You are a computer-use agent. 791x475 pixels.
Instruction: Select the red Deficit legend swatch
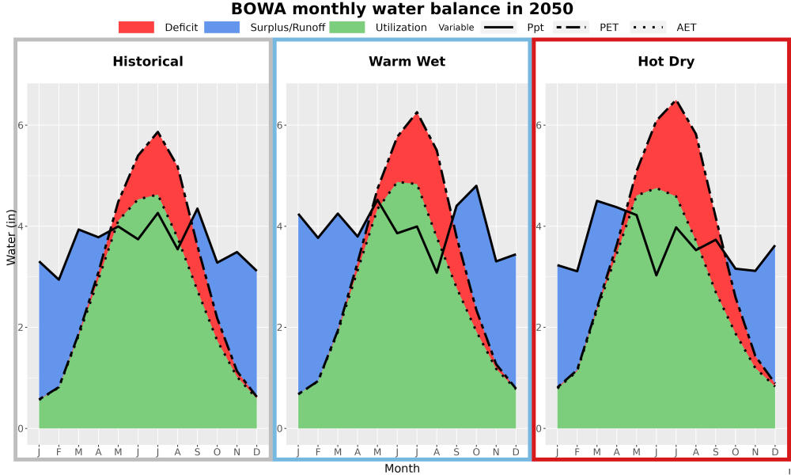pyautogui.click(x=136, y=27)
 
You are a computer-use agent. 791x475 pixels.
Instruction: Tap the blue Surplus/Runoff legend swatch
pyautogui.click(x=222, y=27)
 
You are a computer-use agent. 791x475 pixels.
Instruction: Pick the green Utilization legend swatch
pyautogui.click(x=347, y=27)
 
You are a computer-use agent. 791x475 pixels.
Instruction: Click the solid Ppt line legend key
pyautogui.click(x=498, y=27)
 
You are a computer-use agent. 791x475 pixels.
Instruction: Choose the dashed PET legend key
pyautogui.click(x=570, y=27)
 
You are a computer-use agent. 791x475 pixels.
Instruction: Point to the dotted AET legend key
pyautogui.click(x=648, y=27)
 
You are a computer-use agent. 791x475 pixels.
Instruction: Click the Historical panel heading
pyautogui.click(x=148, y=62)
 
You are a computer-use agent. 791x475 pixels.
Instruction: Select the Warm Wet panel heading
pyautogui.click(x=407, y=62)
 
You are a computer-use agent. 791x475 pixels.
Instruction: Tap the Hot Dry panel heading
pyautogui.click(x=666, y=62)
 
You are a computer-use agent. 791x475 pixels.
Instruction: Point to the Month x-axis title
pyautogui.click(x=402, y=469)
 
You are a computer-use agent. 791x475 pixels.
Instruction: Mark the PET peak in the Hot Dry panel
pyautogui.click(x=676, y=101)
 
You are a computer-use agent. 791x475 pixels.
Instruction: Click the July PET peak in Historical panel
pyautogui.click(x=158, y=132)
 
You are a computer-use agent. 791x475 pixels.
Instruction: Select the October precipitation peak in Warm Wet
pyautogui.click(x=476, y=186)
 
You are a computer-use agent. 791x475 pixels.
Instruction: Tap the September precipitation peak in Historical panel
pyautogui.click(x=197, y=208)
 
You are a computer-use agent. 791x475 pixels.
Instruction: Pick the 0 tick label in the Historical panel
pyautogui.click(x=21, y=428)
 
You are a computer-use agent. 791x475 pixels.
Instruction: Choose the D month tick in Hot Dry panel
pyautogui.click(x=775, y=452)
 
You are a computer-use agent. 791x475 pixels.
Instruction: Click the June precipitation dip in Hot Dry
pyautogui.click(x=657, y=275)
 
